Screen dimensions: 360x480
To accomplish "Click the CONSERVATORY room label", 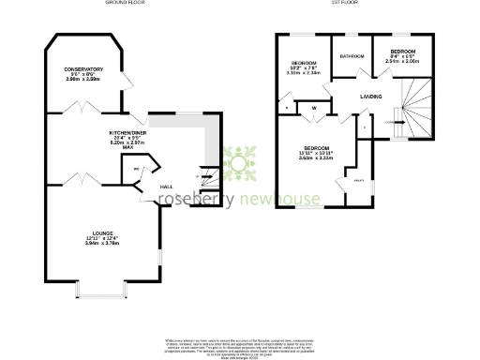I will click(83, 69).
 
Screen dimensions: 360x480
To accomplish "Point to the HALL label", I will click(166, 186).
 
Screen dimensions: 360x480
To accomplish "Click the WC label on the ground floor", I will click(137, 170).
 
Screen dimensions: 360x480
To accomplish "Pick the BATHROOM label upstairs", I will click(352, 56).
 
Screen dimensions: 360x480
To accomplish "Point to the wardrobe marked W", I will click(314, 109).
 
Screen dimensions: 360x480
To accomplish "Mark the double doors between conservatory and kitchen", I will click(79, 111).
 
